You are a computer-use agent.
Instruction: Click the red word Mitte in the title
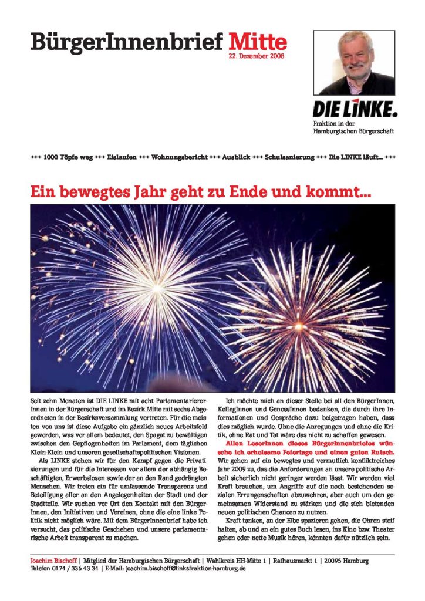tap(257, 42)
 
